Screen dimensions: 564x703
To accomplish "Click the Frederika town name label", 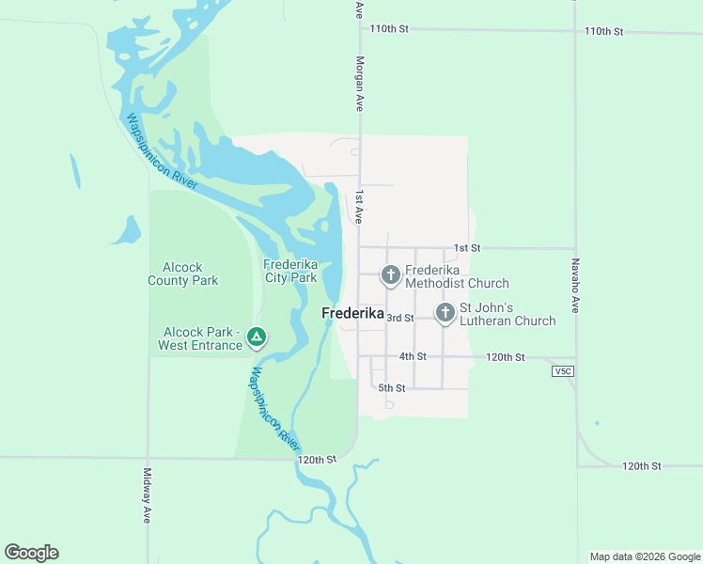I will pos(352,314).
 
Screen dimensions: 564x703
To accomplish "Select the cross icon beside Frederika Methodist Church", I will pos(390,275).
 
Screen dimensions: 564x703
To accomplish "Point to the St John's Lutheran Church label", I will pos(507,314).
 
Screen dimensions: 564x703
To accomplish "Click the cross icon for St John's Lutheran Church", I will pos(445,311).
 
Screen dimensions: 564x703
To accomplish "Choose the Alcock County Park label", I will pos(183,274).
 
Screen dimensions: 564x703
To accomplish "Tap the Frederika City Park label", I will pos(290,271).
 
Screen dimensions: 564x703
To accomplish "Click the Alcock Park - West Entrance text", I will pos(202,338).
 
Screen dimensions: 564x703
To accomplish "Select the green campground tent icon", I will pos(257,337).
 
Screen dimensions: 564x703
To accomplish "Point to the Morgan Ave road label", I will pos(359,84).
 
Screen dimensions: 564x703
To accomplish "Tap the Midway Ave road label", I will pos(148,495).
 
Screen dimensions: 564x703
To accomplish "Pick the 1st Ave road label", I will pos(359,207).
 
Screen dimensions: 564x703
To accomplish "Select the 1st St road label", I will pos(467,247).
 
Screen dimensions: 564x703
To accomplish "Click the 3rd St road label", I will pos(400,318).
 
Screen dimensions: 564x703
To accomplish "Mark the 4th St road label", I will pos(413,356).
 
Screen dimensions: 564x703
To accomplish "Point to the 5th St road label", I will pos(391,387).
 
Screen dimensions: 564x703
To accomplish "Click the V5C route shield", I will pos(563,371).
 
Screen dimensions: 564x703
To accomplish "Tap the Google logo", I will pos(31,553).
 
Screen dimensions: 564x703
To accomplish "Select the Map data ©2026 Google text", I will pos(644,556).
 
